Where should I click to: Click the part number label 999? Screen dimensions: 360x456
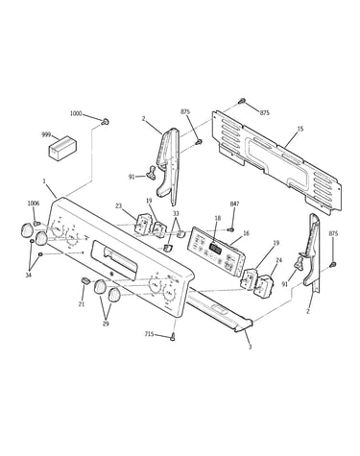coord(46,135)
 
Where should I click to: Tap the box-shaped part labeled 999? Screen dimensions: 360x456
coord(62,147)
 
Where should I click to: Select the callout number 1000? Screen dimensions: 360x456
coord(76,113)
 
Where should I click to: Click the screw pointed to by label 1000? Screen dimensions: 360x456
coord(105,122)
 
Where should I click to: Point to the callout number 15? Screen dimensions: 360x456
coord(300,129)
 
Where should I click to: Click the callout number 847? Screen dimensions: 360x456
coord(234,204)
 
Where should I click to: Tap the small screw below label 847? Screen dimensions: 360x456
coord(230,229)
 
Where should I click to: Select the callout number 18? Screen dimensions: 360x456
coord(218,218)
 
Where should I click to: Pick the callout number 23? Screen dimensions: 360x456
coord(119,206)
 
